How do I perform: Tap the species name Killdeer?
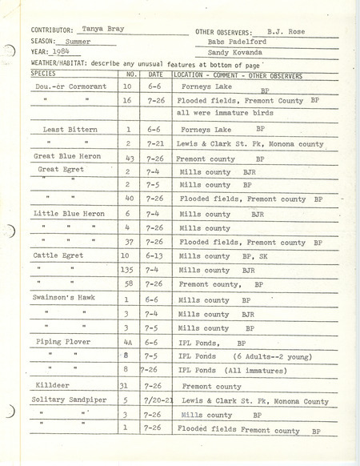54,385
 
